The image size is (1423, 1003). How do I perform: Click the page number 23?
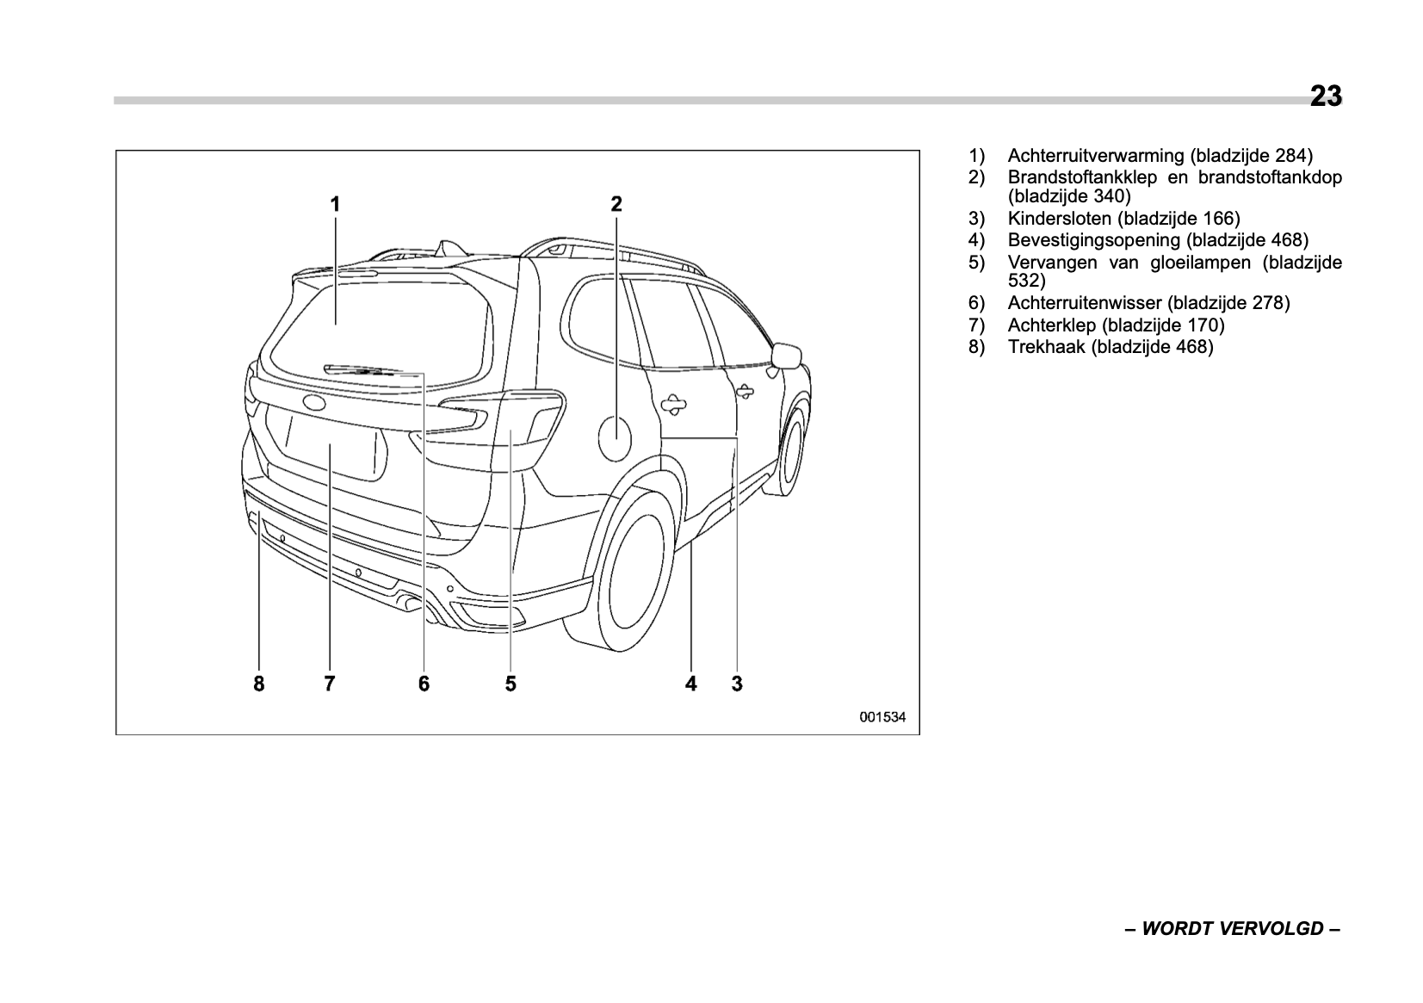[x=1326, y=96]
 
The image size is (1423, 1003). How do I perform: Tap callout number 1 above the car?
[x=336, y=204]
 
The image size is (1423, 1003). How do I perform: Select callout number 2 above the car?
[x=616, y=204]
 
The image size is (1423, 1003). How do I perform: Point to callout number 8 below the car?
[x=259, y=684]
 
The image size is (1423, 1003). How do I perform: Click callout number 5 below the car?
[x=510, y=684]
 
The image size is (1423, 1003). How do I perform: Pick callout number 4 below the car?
[x=690, y=684]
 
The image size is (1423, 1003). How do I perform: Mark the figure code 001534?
[x=882, y=716]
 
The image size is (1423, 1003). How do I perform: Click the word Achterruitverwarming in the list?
[x=1096, y=156]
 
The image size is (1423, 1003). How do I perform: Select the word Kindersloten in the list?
[x=1060, y=219]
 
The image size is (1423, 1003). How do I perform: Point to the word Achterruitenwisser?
[x=1086, y=303]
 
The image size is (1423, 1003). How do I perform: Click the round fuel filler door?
[x=615, y=436]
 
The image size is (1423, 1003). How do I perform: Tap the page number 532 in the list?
[x=1026, y=281]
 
